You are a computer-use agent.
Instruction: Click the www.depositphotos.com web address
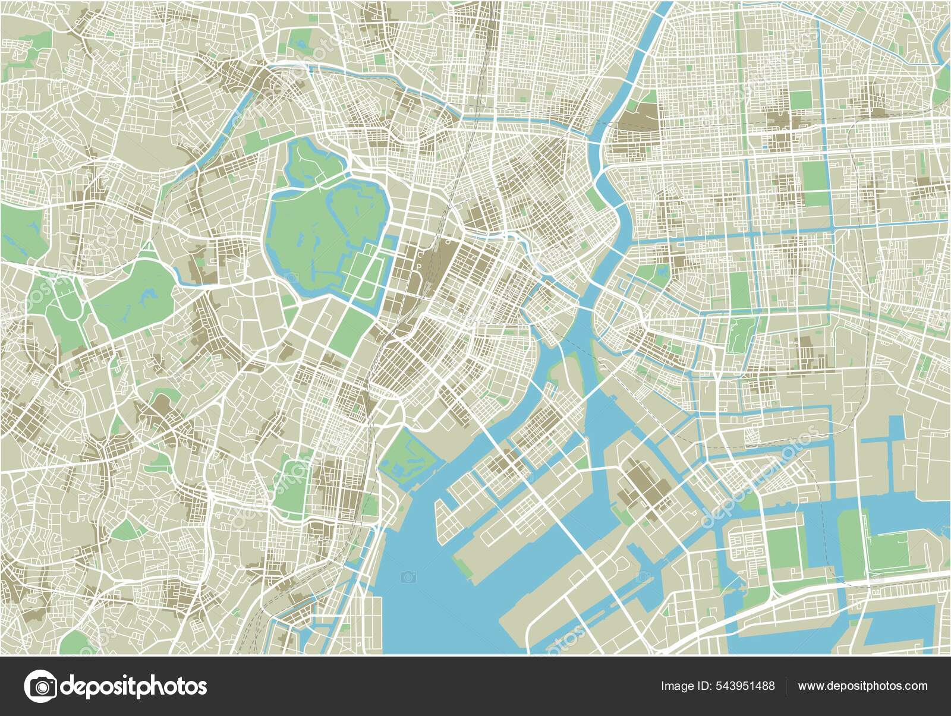click(862, 686)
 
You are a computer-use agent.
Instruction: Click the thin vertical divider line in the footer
click(786, 686)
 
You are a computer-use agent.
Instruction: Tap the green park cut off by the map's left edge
click(18, 229)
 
